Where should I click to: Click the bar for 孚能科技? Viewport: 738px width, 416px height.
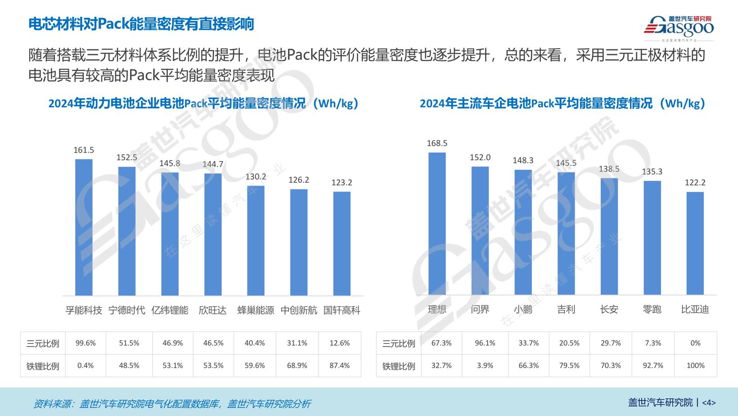pyautogui.click(x=84, y=227)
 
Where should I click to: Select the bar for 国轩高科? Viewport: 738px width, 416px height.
pyautogui.click(x=342, y=244)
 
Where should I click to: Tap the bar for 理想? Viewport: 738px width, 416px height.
pyautogui.click(x=437, y=224)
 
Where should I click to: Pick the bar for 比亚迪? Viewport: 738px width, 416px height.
pyautogui.click(x=695, y=244)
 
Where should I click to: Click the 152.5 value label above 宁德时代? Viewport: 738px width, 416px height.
pyautogui.click(x=127, y=158)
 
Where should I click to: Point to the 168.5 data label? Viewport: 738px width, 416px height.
pyautogui.click(x=437, y=143)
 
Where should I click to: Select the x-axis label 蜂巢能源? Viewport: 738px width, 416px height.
pyautogui.click(x=256, y=310)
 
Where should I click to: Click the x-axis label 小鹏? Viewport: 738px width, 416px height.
pyautogui.click(x=523, y=309)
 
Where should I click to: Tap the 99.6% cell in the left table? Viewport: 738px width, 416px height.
pyautogui.click(x=85, y=343)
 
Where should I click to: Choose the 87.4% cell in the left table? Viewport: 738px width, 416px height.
pyautogui.click(x=340, y=366)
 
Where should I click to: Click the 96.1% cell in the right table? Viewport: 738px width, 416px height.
pyautogui.click(x=485, y=343)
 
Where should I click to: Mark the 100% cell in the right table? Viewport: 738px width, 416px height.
pyautogui.click(x=695, y=366)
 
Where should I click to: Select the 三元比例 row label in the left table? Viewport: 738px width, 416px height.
pyautogui.click(x=43, y=344)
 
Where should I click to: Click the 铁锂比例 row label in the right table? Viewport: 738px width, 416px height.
pyautogui.click(x=399, y=366)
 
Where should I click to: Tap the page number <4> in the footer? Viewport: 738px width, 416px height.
pyautogui.click(x=708, y=402)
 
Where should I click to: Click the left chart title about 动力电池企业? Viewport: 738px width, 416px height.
pyautogui.click(x=203, y=104)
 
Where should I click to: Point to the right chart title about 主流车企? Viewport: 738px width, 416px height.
pyautogui.click(x=562, y=104)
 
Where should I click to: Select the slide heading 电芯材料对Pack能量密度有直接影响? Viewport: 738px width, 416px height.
pyautogui.click(x=141, y=24)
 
